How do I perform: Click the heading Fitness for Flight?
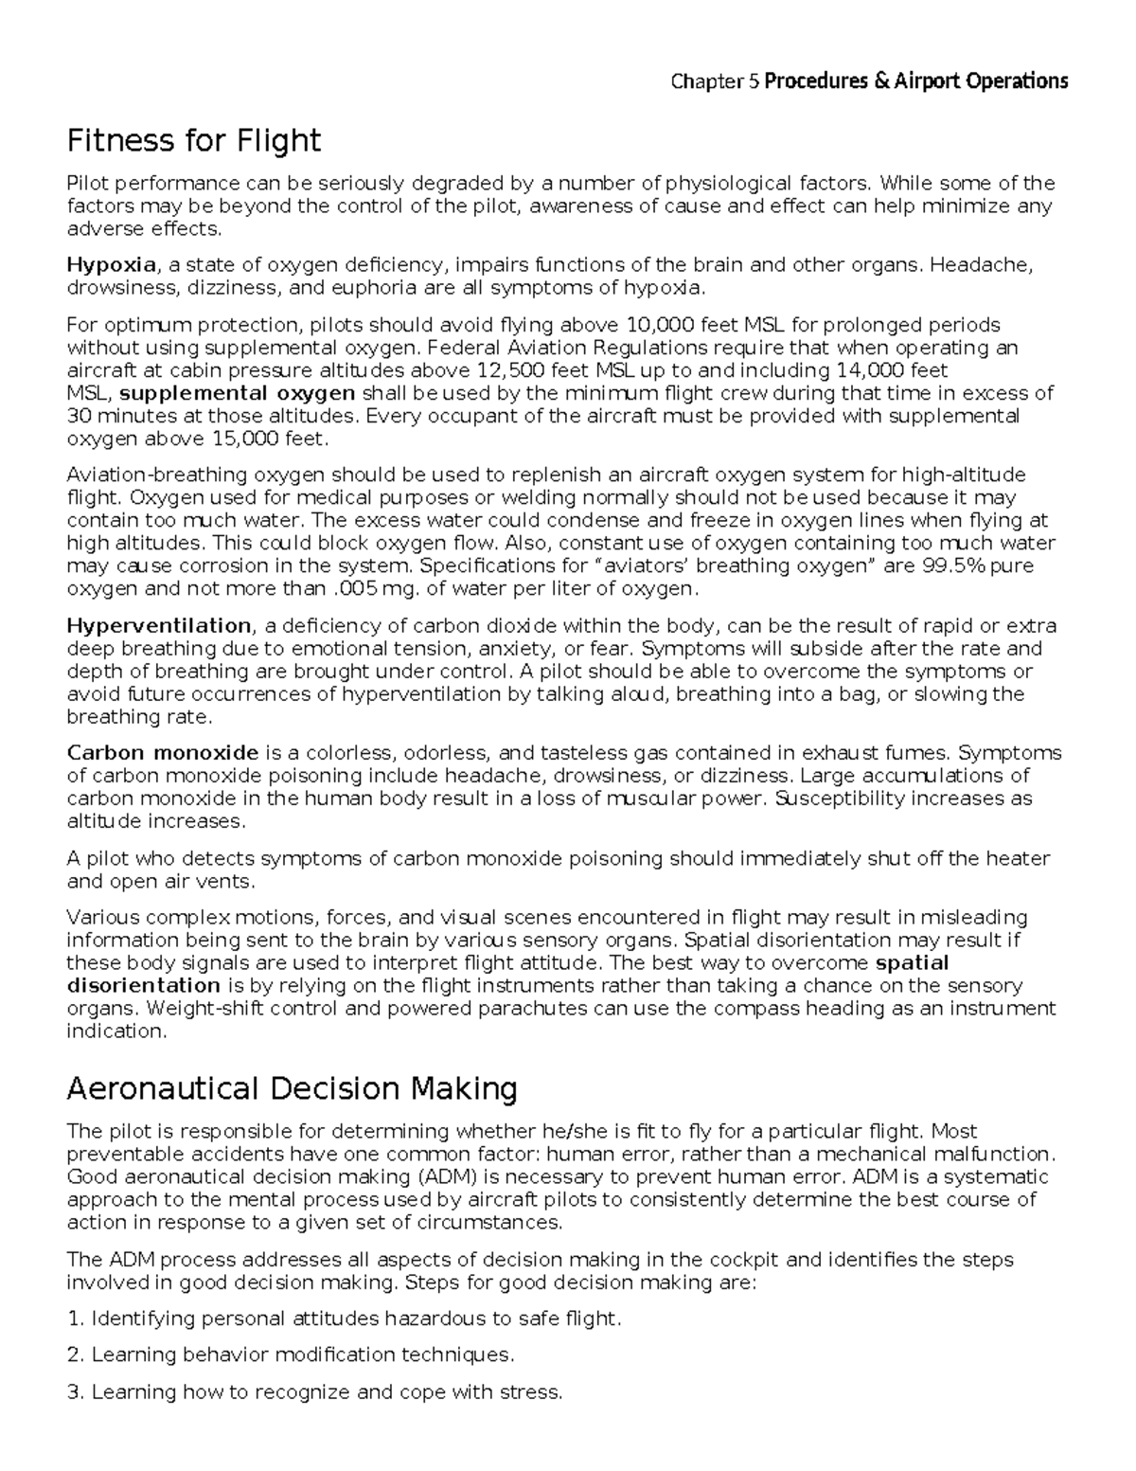pos(193,141)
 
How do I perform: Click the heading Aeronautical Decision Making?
pos(292,1089)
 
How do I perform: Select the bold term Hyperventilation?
pos(158,626)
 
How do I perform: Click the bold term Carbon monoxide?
pos(162,753)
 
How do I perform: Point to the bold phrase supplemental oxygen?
pos(239,393)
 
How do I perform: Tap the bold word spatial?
pos(913,963)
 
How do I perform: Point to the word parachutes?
pos(533,1009)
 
